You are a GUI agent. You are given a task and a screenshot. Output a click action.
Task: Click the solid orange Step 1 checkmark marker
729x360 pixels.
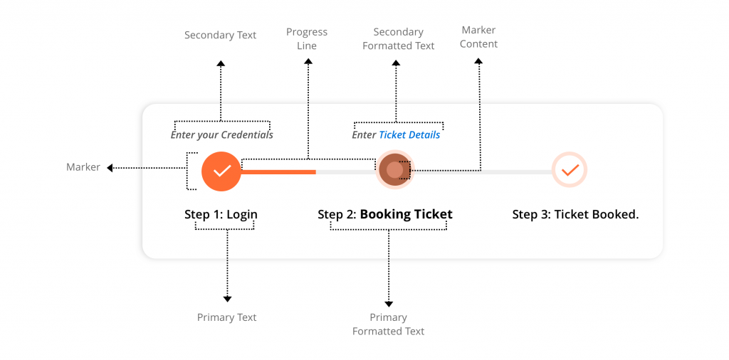coord(221,171)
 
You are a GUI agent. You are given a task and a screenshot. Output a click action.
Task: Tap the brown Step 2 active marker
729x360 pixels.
coord(394,170)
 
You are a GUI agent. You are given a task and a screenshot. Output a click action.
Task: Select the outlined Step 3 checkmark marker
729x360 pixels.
coord(570,170)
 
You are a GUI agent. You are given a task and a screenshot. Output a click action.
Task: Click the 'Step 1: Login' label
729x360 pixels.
coord(221,214)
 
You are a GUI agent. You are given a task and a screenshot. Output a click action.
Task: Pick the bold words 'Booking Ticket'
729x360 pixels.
coord(406,214)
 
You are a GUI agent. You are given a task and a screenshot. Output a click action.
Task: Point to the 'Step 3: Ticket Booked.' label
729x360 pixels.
coord(575,214)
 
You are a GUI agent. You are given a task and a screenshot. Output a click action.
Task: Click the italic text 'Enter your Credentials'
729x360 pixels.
coord(221,134)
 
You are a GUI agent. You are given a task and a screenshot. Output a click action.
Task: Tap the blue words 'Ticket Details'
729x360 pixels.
coord(409,134)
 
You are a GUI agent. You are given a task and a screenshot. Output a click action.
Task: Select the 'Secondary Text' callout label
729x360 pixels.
coord(220,35)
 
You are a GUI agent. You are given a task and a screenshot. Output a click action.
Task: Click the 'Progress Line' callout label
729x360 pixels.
coord(307,38)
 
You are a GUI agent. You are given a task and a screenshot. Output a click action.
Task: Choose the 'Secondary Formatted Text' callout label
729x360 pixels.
coord(398,38)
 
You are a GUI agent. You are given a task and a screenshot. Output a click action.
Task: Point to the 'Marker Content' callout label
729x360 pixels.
coord(478,37)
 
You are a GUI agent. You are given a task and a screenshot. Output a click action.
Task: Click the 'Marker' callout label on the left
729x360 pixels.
coord(83,167)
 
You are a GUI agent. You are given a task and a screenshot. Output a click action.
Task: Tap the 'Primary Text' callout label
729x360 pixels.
coord(226,317)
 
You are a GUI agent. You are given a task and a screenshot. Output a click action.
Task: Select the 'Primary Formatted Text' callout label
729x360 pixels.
coord(388,324)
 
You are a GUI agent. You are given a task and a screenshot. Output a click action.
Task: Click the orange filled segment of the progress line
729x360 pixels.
coord(278,171)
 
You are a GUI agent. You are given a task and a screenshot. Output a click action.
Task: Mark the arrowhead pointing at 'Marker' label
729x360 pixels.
coord(110,168)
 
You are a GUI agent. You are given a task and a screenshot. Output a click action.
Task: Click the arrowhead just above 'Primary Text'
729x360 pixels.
coord(227,299)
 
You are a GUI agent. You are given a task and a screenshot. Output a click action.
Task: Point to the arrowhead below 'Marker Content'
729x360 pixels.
coord(478,62)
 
